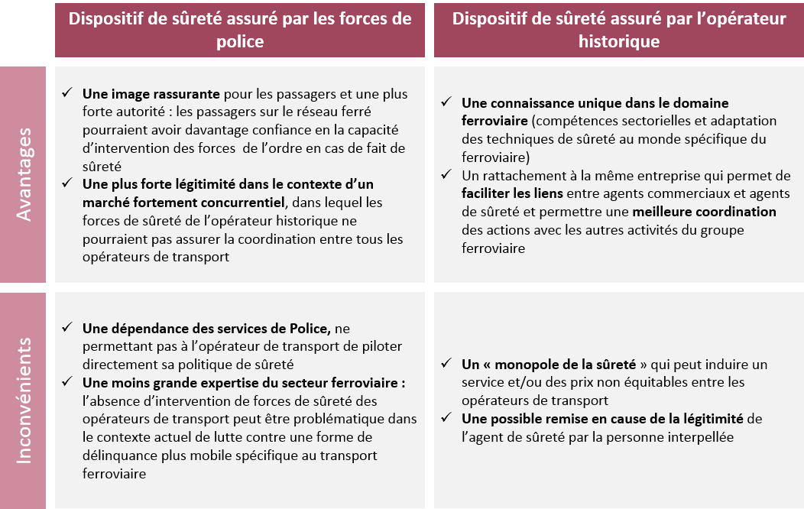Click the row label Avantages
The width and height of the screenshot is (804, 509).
(x=25, y=175)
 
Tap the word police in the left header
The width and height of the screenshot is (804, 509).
(x=241, y=41)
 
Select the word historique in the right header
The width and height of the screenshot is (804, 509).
(x=619, y=41)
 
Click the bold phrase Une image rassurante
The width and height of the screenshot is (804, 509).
(x=151, y=94)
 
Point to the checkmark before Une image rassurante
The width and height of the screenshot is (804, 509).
(x=67, y=93)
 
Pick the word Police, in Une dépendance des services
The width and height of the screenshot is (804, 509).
(x=307, y=329)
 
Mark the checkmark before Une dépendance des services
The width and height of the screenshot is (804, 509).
(x=67, y=329)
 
